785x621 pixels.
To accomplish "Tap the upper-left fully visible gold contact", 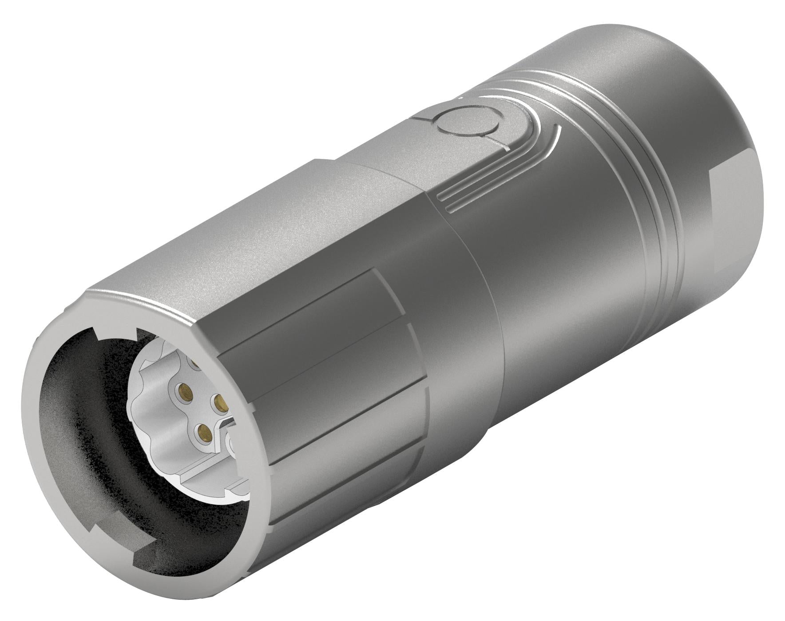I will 184,391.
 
